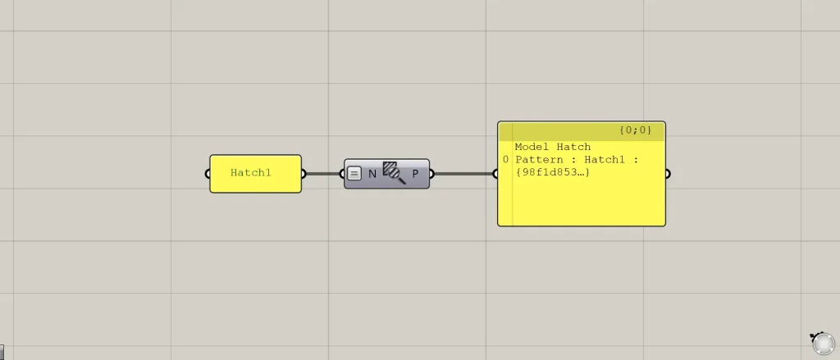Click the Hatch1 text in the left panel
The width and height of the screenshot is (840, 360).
point(251,172)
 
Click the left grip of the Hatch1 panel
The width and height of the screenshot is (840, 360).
point(208,174)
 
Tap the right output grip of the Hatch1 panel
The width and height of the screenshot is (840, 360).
point(304,174)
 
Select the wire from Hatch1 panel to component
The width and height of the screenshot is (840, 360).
point(323,174)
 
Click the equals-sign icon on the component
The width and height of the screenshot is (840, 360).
point(354,174)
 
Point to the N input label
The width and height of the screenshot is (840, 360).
point(372,174)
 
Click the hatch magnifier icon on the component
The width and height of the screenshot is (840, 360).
point(394,172)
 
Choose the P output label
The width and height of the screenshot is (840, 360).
point(415,174)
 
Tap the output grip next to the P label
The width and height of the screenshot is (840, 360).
point(431,174)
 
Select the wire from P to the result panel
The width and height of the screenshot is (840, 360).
point(463,174)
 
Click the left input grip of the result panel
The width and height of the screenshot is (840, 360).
point(495,174)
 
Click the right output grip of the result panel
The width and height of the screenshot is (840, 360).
point(668,174)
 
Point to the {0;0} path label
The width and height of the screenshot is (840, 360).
point(636,130)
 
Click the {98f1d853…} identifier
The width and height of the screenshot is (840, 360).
point(552,172)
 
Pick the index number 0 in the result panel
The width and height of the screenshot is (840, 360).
point(505,160)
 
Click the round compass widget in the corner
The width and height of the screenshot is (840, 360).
point(824,343)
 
